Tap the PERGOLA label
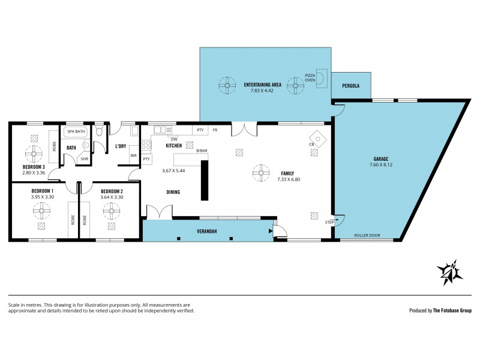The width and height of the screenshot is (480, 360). point(351,86)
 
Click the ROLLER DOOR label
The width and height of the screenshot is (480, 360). point(367,235)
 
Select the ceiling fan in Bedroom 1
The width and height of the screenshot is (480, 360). point(41,210)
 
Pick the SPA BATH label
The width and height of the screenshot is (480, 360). point(75,131)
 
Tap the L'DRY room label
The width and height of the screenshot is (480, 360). point(119,146)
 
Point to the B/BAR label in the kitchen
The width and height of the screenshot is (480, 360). point(202,151)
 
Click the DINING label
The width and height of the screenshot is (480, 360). point(173,192)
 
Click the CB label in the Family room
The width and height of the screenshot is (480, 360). point(312,145)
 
